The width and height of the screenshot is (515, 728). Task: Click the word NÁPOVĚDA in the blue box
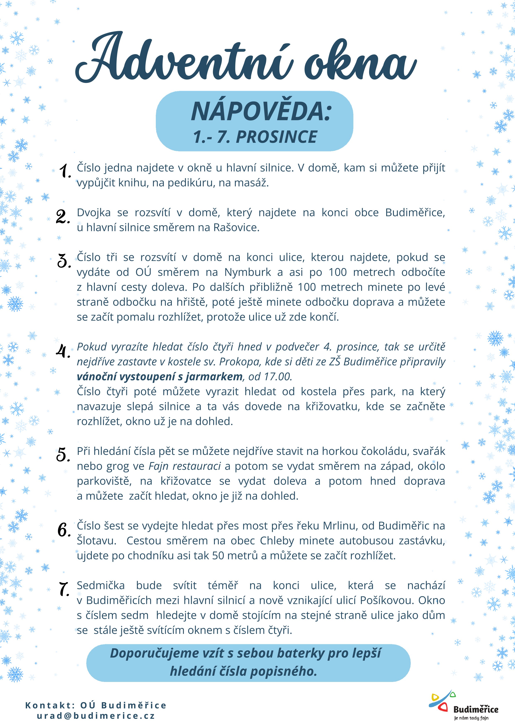(x=261, y=112)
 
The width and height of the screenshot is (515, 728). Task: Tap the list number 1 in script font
(x=65, y=171)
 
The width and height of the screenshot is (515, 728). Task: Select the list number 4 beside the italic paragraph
(x=63, y=351)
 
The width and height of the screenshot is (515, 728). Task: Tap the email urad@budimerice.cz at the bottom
(x=96, y=716)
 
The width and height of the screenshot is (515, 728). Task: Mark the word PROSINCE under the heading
(x=276, y=137)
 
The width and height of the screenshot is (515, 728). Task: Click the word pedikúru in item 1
(x=192, y=183)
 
